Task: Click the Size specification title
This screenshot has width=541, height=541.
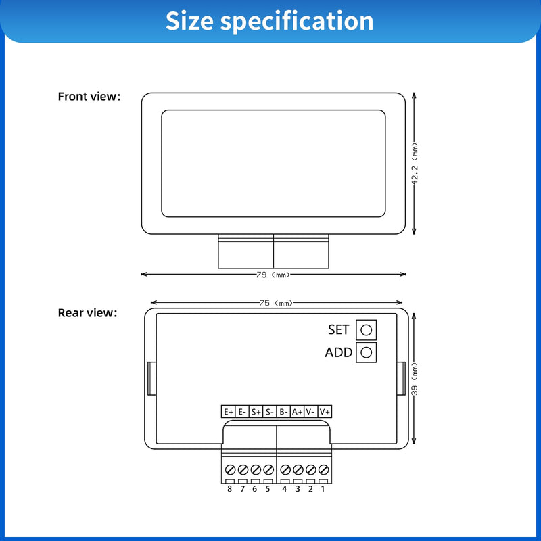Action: click(269, 21)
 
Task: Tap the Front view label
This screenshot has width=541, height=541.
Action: click(89, 97)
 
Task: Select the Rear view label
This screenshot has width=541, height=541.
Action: click(87, 313)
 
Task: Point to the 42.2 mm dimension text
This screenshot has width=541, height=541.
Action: click(415, 164)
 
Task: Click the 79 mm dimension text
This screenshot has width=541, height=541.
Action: click(273, 275)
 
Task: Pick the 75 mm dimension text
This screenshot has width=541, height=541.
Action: click(276, 303)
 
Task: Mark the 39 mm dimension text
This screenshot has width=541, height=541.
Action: click(415, 379)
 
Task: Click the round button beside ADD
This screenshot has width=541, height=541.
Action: click(366, 352)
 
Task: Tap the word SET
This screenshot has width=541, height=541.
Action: click(339, 330)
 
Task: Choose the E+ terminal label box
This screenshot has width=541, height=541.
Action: click(228, 412)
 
